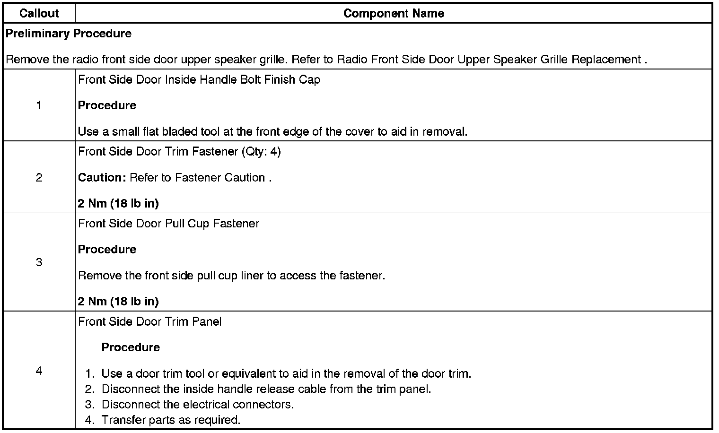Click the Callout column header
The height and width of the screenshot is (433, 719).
click(x=39, y=13)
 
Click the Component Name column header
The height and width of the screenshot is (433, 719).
click(x=394, y=13)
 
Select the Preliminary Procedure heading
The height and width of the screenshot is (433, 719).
click(x=69, y=34)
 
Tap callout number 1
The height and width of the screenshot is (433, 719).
click(x=39, y=105)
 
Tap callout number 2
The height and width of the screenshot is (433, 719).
click(x=39, y=177)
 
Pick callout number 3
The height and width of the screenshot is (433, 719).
click(x=39, y=262)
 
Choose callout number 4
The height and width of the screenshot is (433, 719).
click(x=39, y=371)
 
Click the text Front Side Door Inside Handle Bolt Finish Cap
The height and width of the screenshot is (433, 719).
click(x=199, y=79)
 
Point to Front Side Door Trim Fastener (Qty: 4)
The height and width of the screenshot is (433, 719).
click(x=179, y=152)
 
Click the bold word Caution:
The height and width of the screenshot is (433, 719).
click(x=102, y=178)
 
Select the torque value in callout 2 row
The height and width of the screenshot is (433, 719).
click(x=118, y=204)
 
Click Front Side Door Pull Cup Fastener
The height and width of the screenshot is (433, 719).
click(x=168, y=224)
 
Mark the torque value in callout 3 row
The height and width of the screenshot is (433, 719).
click(x=118, y=302)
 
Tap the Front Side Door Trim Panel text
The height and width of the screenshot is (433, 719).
click(x=149, y=322)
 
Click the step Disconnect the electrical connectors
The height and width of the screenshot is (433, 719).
click(x=198, y=405)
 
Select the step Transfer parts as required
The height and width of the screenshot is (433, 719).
click(x=171, y=420)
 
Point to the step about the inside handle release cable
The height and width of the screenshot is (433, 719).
click(x=266, y=389)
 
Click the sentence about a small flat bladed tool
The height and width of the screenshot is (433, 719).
click(x=272, y=131)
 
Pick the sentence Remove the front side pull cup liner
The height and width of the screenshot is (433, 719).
click(x=231, y=276)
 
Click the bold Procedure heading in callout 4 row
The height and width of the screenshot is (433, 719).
click(x=131, y=347)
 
